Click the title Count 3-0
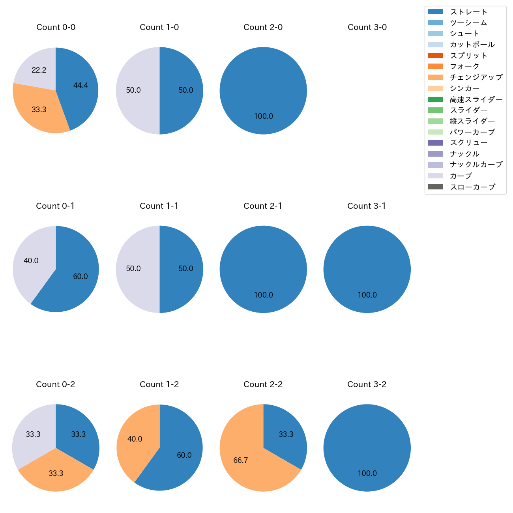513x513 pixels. [367, 27]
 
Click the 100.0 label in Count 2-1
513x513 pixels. [263, 295]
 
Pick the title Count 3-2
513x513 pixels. [367, 384]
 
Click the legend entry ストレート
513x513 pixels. [468, 12]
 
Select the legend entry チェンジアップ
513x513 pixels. [476, 77]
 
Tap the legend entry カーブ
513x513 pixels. [461, 176]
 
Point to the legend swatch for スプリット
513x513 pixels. [435, 56]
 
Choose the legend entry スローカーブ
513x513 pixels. [472, 187]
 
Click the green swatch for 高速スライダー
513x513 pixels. [435, 99]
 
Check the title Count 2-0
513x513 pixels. [263, 27]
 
